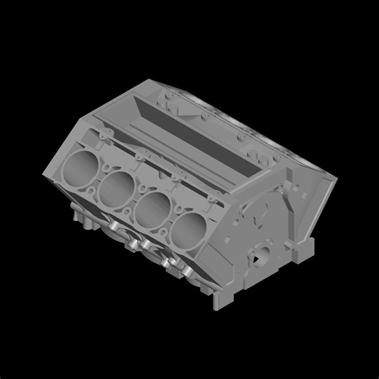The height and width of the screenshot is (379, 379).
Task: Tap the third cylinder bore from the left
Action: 152,208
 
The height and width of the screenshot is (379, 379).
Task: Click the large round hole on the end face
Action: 261,255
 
